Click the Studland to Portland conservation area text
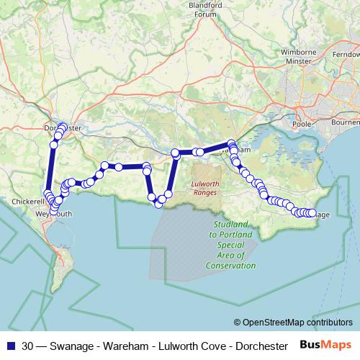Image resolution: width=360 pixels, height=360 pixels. pyautogui.click(x=233, y=245)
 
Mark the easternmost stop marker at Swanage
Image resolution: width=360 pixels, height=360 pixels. pyautogui.click(x=312, y=213)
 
